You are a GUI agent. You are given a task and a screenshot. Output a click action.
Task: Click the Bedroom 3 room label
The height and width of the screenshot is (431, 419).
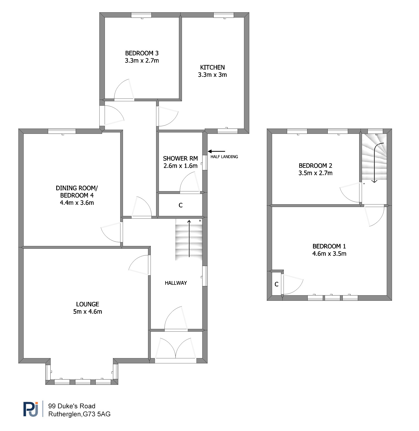142,53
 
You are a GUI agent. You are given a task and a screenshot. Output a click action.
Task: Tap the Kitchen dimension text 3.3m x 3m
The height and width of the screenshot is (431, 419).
212,75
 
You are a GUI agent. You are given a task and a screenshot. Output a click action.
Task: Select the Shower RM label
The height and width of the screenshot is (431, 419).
180,158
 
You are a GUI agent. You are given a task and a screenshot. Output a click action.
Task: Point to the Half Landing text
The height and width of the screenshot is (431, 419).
224,157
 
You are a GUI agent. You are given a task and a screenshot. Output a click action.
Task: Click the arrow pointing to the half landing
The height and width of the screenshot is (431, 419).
216,151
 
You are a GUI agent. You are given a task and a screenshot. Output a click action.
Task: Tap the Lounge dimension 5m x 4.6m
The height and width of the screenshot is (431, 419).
88,312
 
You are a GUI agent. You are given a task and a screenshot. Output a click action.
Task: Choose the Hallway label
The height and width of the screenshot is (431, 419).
176,283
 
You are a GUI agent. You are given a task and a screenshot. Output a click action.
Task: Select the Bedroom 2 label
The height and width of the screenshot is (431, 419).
316,166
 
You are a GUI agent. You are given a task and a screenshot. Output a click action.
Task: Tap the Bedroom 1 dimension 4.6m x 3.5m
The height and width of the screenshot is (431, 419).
329,253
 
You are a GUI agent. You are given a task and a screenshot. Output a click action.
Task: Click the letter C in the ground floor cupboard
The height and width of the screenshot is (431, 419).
181,205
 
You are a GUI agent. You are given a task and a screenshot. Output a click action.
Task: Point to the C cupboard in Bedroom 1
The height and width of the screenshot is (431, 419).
277,284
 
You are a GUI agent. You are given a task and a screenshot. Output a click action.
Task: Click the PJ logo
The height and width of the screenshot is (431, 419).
31,409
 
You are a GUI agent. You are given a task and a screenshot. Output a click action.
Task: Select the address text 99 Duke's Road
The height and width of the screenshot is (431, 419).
72,406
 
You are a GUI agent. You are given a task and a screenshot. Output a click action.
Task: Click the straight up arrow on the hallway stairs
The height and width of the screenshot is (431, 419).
189,238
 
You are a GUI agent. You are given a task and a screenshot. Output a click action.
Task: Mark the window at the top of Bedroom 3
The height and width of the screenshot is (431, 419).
141,15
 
